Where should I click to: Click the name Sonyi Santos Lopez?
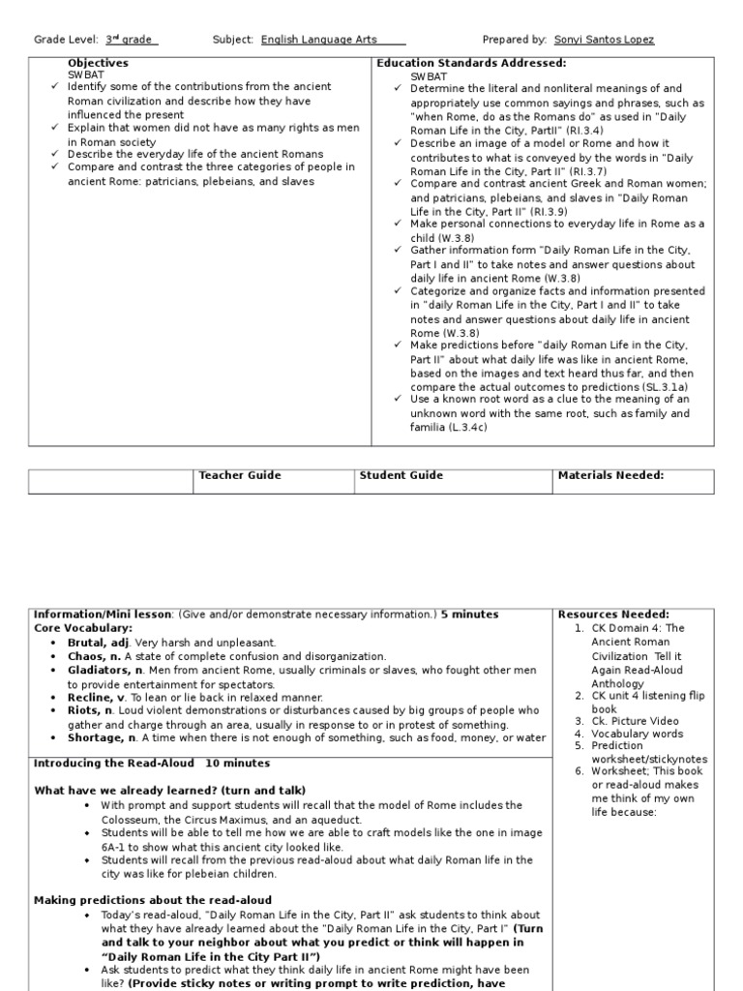604,40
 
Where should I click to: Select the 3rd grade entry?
131,40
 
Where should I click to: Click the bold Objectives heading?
98,63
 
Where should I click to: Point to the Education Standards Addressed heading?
470,63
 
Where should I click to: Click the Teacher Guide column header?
240,475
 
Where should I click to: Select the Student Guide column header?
401,475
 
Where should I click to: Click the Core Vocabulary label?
83,628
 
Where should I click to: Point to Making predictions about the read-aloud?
153,900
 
